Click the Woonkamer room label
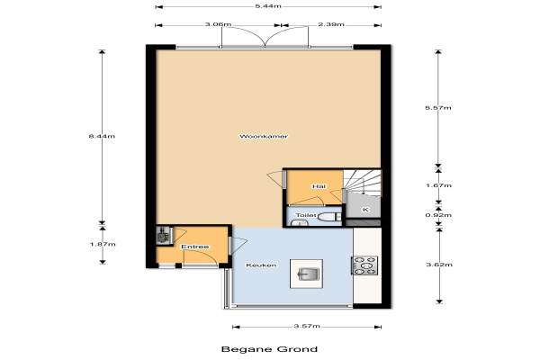264,136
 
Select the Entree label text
195,247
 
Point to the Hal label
319,186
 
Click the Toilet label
306,215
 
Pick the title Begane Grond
269,349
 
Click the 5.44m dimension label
268,6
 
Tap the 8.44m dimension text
102,136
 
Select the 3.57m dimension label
307,326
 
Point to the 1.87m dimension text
103,244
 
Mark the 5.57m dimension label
438,108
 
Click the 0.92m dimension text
438,215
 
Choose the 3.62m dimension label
439,265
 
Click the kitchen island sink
306,274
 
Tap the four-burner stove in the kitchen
364,265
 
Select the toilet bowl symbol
328,217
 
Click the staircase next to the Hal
363,183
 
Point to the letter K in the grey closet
365,210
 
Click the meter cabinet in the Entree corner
164,235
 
